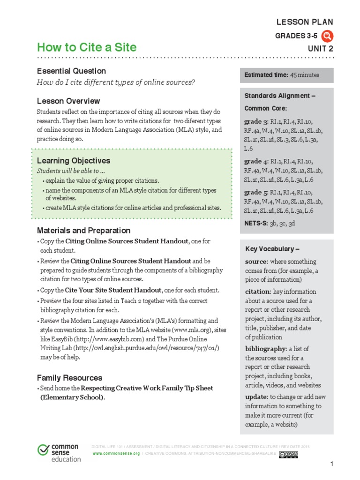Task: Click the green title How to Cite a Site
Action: tap(87, 47)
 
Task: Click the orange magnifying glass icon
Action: tap(328, 36)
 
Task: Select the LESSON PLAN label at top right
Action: tap(305, 22)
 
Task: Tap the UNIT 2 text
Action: tap(321, 48)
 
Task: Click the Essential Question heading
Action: tap(71, 71)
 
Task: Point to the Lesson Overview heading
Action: tap(68, 101)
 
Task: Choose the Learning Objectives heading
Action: tap(74, 161)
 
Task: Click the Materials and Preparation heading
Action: tap(83, 230)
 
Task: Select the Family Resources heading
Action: tap(69, 377)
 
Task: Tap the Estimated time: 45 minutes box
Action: tap(286, 75)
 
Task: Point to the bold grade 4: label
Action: tap(256, 161)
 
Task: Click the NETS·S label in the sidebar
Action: tap(255, 223)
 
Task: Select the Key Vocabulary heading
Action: tap(272, 249)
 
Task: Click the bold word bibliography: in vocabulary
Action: tap(265, 349)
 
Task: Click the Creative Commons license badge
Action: tap(288, 454)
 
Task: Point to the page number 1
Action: tap(331, 464)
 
